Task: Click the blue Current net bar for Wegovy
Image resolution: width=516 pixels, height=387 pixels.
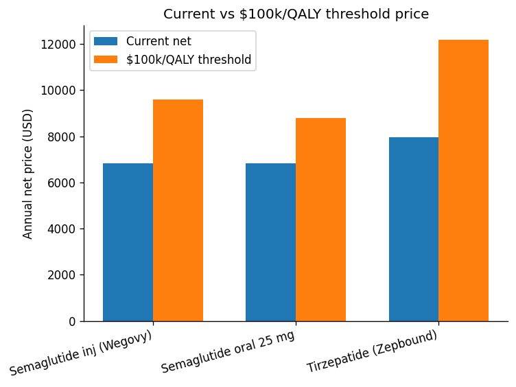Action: coord(128,242)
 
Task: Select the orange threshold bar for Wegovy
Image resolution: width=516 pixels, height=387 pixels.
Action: coord(178,210)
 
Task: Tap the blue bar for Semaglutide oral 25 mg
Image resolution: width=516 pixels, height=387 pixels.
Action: coord(270,242)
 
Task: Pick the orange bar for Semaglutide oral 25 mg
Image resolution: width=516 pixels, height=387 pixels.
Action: coord(320,220)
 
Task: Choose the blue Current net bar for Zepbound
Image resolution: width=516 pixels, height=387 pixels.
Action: coord(414,229)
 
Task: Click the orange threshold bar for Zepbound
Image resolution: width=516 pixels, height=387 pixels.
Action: coord(463,180)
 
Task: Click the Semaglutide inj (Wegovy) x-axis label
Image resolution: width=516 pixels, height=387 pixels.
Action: coord(81,353)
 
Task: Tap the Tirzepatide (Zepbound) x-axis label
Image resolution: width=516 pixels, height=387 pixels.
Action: coord(372,351)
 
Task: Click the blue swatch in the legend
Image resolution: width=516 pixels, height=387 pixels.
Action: coord(106,41)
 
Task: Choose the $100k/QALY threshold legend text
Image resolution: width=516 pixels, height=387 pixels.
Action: coord(189,60)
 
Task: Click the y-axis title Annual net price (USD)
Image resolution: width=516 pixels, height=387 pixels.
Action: coord(28,174)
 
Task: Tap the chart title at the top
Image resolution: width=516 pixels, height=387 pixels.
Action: coord(296,14)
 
